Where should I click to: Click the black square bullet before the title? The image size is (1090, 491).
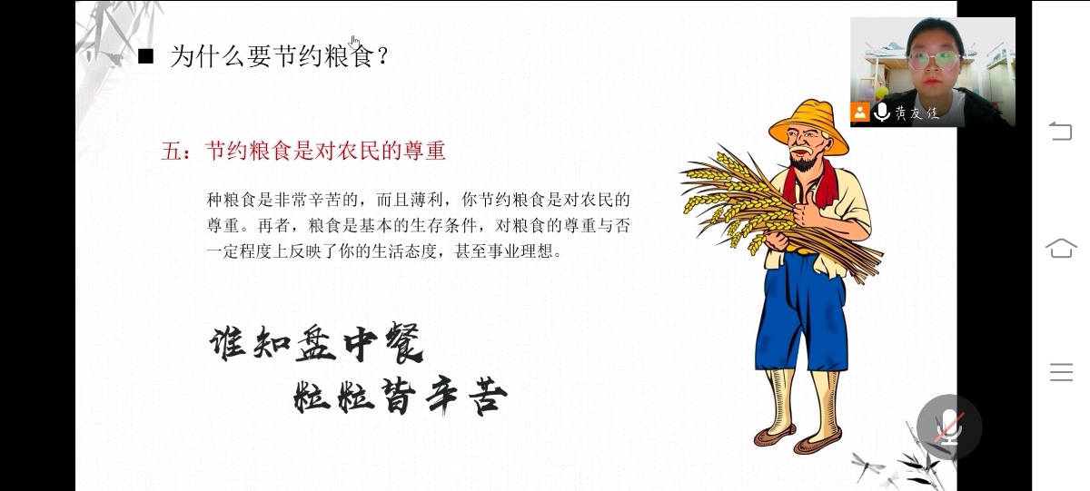pos(145,56)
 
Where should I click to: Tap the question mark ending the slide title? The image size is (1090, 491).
pos(382,56)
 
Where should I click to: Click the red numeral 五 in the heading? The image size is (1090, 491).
pos(171,151)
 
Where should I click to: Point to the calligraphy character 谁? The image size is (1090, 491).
pos(227,343)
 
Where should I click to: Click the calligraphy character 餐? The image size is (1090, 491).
pos(403,343)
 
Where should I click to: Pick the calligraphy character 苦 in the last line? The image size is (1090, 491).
pos(488,397)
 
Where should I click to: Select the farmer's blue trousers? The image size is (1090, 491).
pos(801,311)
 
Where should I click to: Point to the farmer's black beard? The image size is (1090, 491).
pos(803,160)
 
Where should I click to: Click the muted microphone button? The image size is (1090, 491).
pos(949,427)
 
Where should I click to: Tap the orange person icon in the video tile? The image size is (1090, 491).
pos(860,112)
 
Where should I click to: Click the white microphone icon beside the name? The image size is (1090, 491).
pos(882,112)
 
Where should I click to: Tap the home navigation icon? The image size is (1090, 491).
pos(1061,248)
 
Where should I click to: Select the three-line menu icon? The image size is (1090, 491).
pos(1061,372)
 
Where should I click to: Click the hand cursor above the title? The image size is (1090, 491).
pos(354,42)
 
